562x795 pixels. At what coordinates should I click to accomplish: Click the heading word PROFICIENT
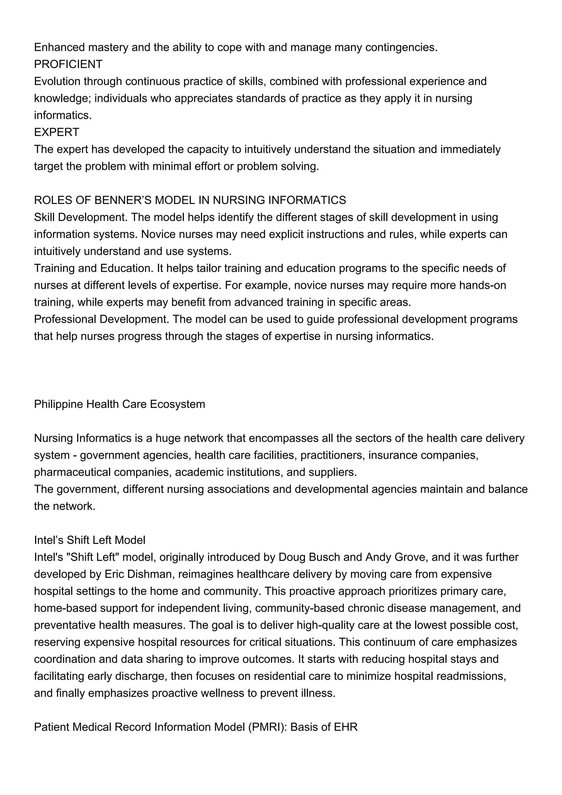tap(68, 64)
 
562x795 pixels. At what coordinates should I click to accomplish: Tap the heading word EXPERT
tap(57, 132)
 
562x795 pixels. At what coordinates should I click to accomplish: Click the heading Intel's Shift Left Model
tap(89, 540)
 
